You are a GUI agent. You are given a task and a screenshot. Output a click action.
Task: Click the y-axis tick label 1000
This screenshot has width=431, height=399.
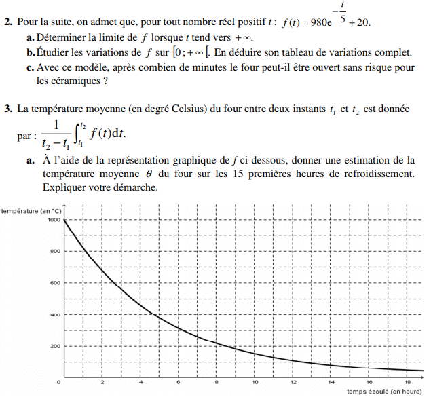tap(52, 220)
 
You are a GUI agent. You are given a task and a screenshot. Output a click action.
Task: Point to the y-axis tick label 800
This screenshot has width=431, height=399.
tap(54, 251)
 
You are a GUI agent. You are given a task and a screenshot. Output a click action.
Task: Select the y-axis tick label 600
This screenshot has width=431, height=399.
tap(54, 283)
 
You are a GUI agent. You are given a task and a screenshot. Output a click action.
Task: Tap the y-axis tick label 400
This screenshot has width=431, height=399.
tap(54, 315)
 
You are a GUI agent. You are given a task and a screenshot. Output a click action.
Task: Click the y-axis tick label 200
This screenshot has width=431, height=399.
tap(54, 347)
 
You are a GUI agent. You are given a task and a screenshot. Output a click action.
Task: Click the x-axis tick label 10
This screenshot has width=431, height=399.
tap(255, 383)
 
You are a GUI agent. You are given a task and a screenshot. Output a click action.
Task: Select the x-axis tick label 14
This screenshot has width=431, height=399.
tap(331, 383)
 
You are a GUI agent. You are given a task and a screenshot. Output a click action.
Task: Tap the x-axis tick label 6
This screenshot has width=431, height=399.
tap(179, 383)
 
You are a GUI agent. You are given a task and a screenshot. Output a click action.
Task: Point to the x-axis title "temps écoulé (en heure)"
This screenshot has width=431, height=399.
tap(385, 392)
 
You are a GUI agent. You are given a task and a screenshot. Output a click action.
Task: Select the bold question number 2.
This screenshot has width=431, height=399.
tap(6, 22)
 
